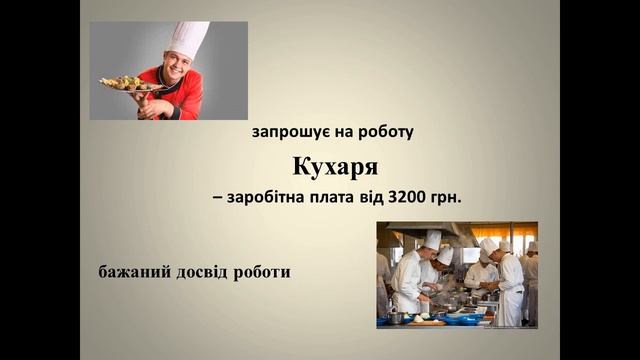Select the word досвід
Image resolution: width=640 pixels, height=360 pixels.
coord(204,271)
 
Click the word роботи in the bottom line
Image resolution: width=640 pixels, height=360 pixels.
coord(264,271)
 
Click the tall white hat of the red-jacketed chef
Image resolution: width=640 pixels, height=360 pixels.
coord(188,40)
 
